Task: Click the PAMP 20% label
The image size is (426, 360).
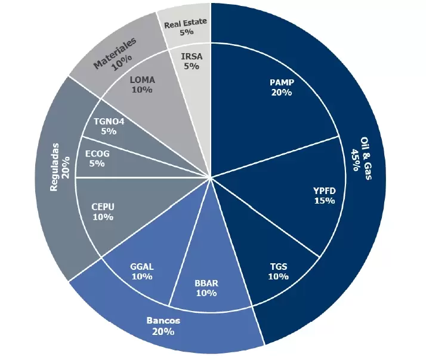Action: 282,87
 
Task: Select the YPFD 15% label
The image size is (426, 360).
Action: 325,195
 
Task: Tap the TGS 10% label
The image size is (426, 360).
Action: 279,272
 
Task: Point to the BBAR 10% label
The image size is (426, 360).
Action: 206,288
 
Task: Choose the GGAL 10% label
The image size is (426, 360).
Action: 142,272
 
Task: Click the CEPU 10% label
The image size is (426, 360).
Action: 103,212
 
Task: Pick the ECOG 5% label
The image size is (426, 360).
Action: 97,159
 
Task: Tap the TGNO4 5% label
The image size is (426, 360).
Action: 109,126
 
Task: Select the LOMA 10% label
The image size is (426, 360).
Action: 142,85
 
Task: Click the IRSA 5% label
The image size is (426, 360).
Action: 192,61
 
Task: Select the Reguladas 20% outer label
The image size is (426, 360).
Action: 60,167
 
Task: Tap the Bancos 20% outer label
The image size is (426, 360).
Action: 163,326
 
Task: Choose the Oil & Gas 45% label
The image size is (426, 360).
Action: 362,159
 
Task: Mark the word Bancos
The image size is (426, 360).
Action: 163,321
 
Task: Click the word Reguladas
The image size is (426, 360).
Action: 54,167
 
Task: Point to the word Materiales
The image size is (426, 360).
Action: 114,53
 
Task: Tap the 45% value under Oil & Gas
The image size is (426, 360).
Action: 356,159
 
